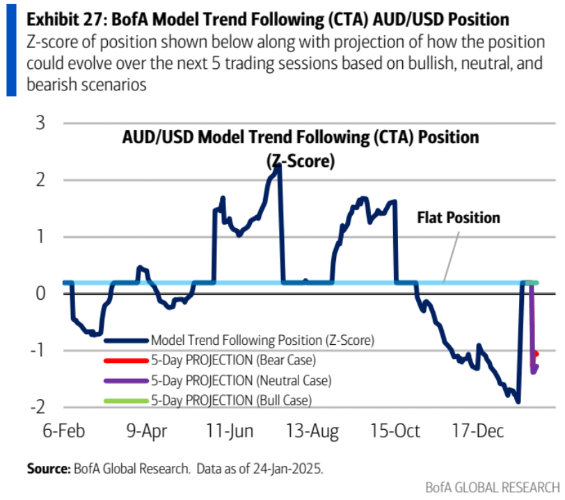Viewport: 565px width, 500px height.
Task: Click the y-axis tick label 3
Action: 40,123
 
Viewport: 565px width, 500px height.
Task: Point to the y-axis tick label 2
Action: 40,180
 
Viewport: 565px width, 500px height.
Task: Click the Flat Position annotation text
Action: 459,218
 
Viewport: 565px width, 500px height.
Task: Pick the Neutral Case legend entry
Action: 241,380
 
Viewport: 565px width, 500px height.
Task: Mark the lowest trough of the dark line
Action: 518,401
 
